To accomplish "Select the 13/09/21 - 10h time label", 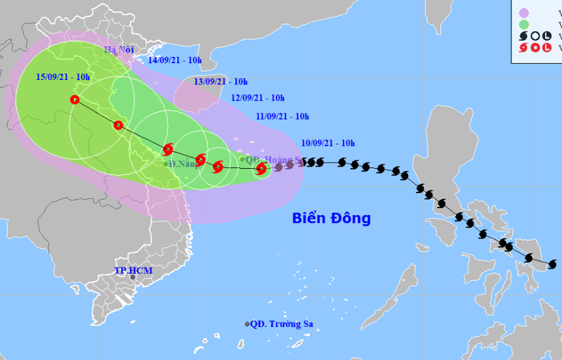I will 221,82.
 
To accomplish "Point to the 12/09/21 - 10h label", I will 258,98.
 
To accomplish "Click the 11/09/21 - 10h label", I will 282,117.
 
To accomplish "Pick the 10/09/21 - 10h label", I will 328,143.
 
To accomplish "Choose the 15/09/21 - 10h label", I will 63,77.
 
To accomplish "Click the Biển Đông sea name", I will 331,219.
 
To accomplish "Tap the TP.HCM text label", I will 133,271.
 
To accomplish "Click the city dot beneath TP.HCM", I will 133,278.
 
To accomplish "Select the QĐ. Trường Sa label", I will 282,324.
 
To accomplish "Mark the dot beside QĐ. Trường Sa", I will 247,324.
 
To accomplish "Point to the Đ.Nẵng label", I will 183,164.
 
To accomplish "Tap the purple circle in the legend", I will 523,12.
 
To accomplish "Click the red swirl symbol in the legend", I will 523,48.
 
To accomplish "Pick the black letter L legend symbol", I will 548,35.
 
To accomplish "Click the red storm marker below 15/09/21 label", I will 75,100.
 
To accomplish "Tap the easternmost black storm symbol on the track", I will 552,264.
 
